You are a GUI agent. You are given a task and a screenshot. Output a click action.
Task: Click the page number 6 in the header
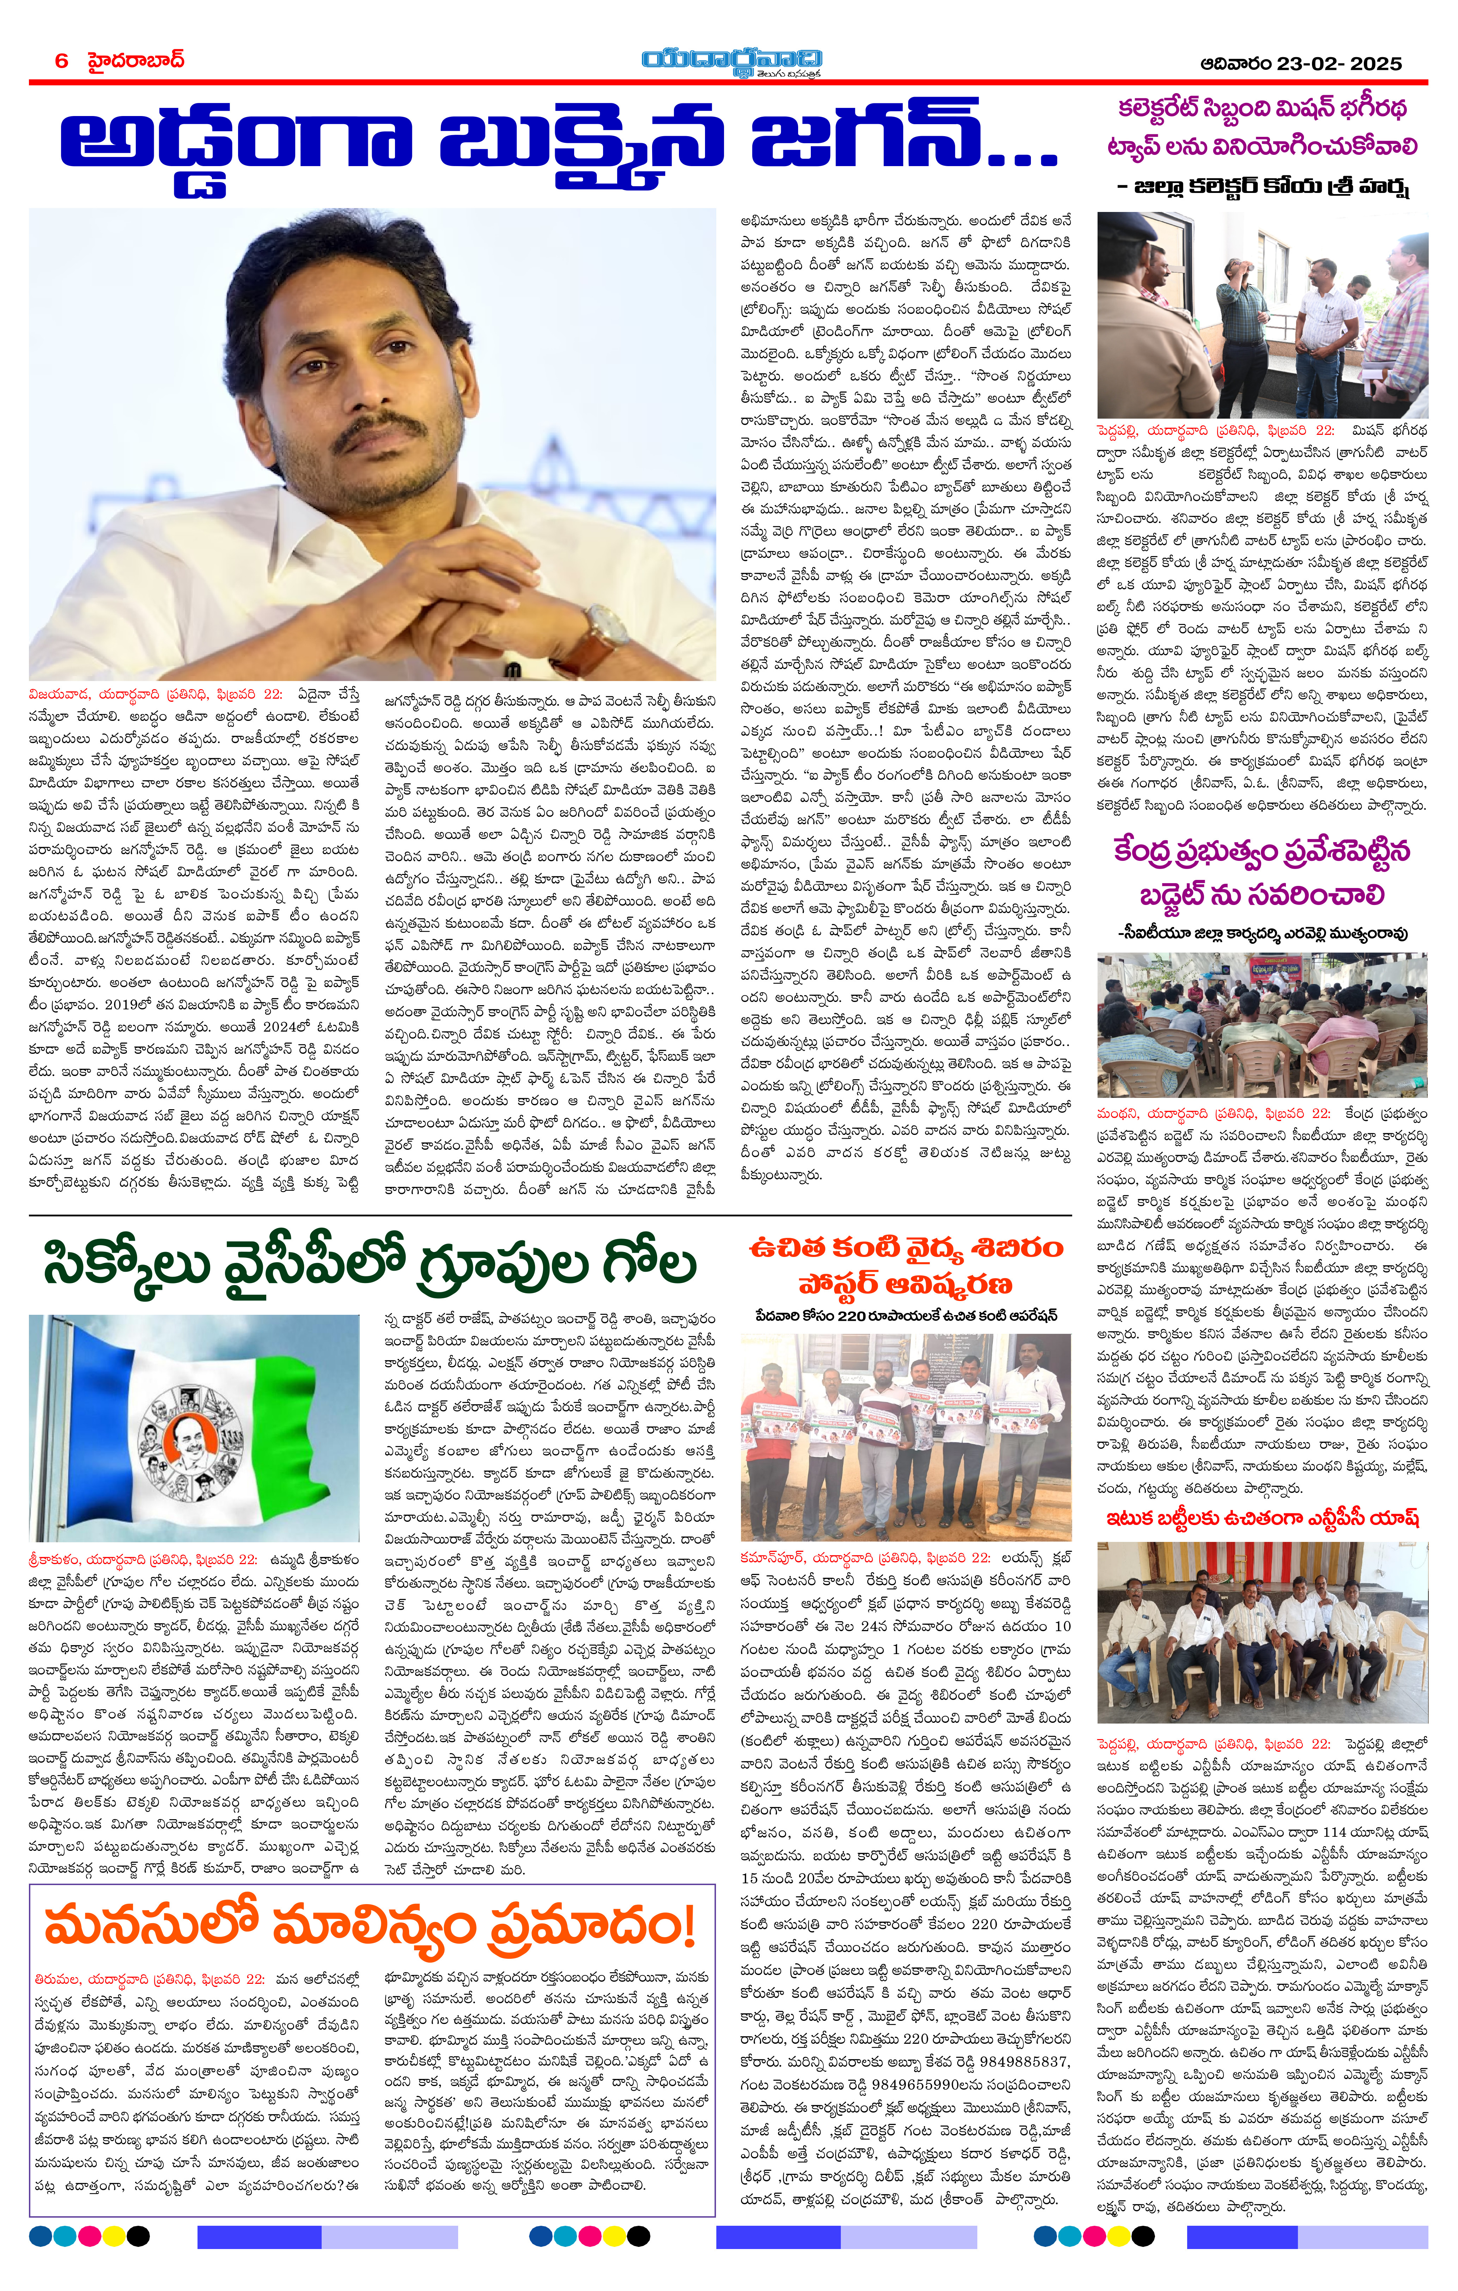62,61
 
